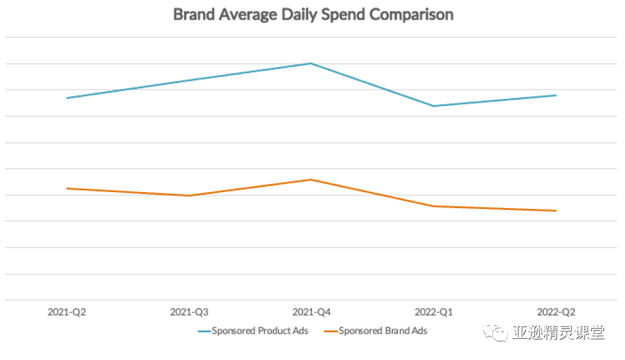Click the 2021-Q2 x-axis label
(x=67, y=312)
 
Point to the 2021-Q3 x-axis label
(x=189, y=312)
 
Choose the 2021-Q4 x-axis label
(x=311, y=312)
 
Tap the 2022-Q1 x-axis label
(x=433, y=312)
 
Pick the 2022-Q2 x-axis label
(x=556, y=312)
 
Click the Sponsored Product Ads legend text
(x=260, y=331)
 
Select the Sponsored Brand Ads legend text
(x=383, y=331)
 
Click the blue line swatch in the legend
(x=204, y=331)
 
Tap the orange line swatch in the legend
(x=330, y=331)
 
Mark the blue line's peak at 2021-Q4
(x=311, y=63)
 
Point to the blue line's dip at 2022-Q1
(x=433, y=106)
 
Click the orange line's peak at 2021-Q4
(x=311, y=180)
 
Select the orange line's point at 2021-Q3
(x=189, y=196)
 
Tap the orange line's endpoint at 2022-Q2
(x=556, y=211)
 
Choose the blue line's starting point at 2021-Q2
(x=67, y=98)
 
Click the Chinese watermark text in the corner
(x=558, y=333)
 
